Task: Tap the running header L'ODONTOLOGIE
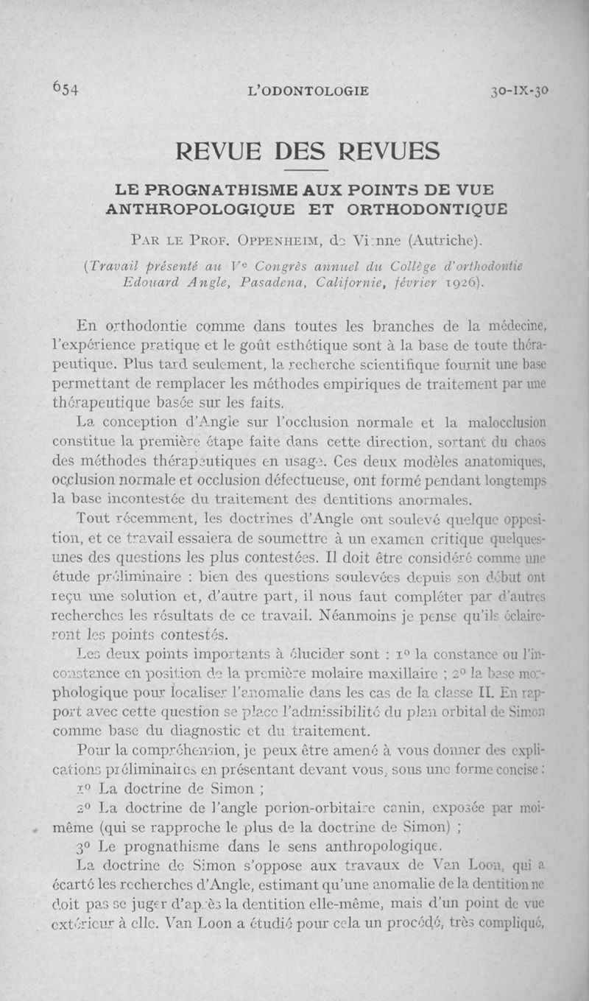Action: click(x=309, y=91)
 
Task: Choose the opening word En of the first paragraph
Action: click(x=87, y=326)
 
